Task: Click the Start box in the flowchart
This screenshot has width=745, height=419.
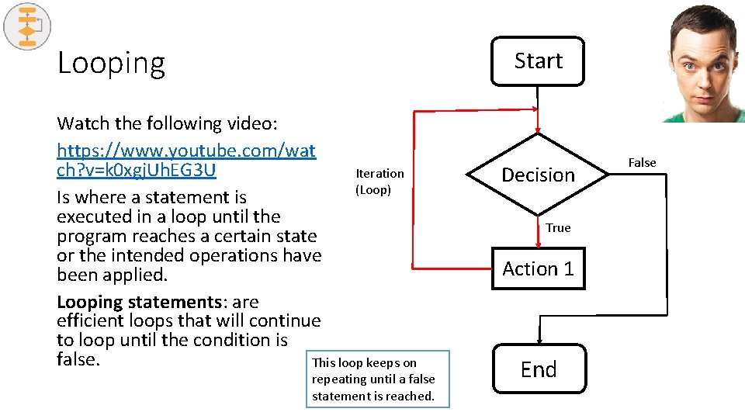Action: coord(538,61)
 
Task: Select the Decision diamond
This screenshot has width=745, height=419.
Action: coord(538,175)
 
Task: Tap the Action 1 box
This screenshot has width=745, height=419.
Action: coord(538,268)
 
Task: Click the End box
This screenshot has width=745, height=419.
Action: coord(539,369)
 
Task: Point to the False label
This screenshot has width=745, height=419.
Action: coord(642,162)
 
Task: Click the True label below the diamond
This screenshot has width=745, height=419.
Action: coord(557,227)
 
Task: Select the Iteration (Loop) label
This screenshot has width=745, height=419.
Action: coord(379,182)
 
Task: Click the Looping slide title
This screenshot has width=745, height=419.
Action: coord(111,63)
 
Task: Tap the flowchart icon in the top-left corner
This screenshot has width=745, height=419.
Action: coord(27,27)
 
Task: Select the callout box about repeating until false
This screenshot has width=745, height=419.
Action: coord(377,379)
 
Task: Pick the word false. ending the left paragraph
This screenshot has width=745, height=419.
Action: coord(79,360)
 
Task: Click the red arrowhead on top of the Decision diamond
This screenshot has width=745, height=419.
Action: coord(538,131)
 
